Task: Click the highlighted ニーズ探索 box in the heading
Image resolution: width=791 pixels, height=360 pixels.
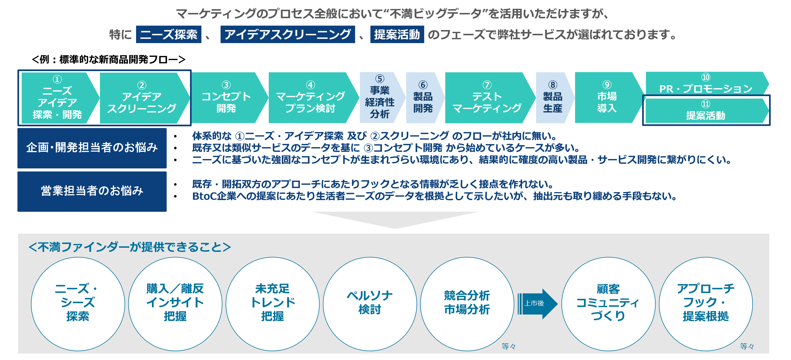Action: pos(169,34)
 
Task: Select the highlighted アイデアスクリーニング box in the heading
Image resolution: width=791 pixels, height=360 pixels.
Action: pos(287,34)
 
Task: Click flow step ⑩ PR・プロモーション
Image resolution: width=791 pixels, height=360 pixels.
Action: pos(705,84)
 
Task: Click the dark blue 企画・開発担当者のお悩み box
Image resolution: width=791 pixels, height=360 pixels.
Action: pos(92,148)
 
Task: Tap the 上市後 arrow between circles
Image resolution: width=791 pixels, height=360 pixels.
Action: pos(536,303)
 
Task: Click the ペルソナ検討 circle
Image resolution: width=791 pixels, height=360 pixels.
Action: pos(370,303)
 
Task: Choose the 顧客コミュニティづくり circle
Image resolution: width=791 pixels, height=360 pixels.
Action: pos(608,303)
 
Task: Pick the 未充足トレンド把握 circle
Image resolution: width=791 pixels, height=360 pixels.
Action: pos(272,303)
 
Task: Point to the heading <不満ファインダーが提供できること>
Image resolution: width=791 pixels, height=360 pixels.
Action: pos(130,247)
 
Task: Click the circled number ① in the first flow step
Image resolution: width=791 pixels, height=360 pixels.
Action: pos(57,80)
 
